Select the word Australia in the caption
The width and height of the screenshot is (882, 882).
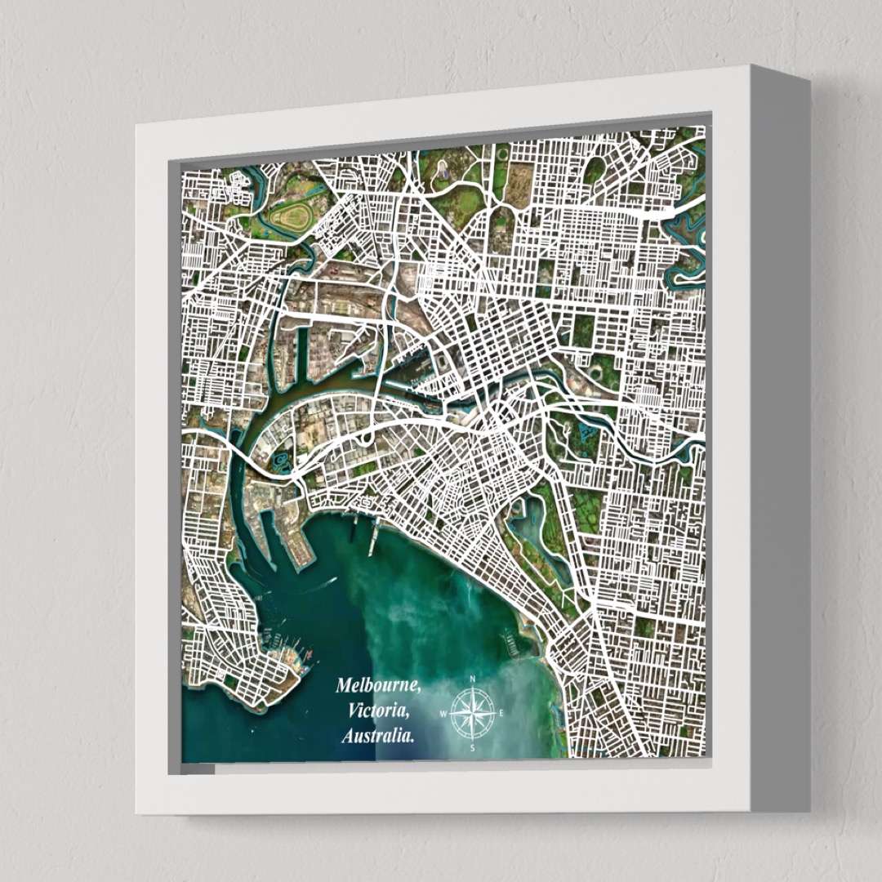coord(377,736)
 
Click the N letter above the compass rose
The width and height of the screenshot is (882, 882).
coord(473,679)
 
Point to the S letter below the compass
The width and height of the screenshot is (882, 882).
coord(472,747)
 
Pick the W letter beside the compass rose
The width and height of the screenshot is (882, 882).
coord(443,714)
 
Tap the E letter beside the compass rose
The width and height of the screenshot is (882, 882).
coord(501,713)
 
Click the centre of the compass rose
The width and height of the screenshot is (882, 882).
coord(473,713)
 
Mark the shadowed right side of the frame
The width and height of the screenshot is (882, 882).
coord(780,441)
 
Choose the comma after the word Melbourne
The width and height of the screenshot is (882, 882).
coord(419,691)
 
